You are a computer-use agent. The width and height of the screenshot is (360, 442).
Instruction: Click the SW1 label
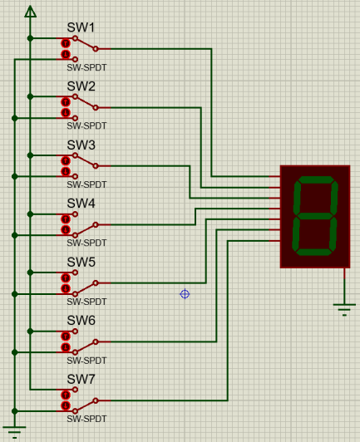pyautogui.click(x=81, y=27)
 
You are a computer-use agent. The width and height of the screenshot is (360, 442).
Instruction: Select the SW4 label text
pyautogui.click(x=81, y=204)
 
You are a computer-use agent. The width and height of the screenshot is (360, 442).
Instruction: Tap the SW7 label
pyautogui.click(x=81, y=379)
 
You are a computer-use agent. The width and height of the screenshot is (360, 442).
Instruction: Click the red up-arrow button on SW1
pyautogui.click(x=66, y=44)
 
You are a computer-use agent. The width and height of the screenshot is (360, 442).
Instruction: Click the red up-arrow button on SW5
pyautogui.click(x=66, y=278)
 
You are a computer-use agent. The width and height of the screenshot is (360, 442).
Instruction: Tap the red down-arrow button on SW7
pyautogui.click(x=66, y=406)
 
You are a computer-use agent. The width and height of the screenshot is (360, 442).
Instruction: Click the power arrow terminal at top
pyautogui.click(x=30, y=12)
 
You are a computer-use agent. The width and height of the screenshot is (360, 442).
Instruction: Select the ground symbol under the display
pyautogui.click(x=344, y=310)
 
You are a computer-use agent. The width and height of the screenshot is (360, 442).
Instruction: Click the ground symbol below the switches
pyautogui.click(x=15, y=432)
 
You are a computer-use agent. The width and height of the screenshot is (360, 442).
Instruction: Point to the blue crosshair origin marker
pyautogui.click(x=185, y=294)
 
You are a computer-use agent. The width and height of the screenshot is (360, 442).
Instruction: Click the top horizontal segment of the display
pyautogui.click(x=316, y=179)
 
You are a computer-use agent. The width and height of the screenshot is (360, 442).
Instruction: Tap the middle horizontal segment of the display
pyautogui.click(x=315, y=216)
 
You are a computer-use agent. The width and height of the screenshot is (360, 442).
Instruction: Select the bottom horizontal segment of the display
pyautogui.click(x=313, y=252)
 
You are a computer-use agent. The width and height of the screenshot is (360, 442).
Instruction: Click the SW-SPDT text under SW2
pyautogui.click(x=86, y=125)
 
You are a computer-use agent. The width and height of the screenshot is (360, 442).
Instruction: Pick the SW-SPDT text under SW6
pyautogui.click(x=86, y=361)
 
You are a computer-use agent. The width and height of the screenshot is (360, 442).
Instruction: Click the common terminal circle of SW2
pyautogui.click(x=96, y=107)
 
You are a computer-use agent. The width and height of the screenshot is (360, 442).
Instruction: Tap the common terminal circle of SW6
pyautogui.click(x=96, y=342)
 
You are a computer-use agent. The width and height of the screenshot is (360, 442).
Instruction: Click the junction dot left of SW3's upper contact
pyautogui.click(x=30, y=155)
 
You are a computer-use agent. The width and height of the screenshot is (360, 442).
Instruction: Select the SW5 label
pyautogui.click(x=81, y=263)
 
